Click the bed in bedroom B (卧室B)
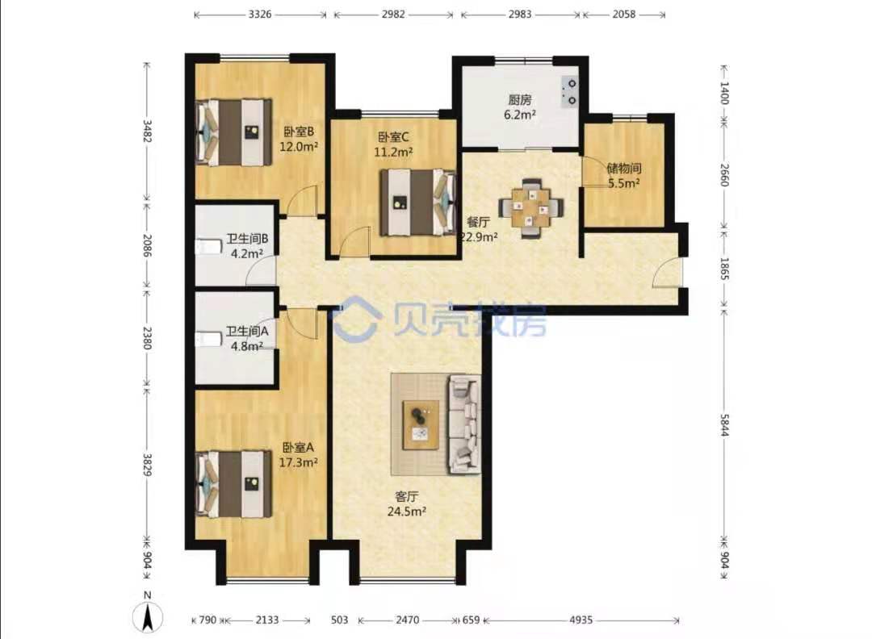point(234,132)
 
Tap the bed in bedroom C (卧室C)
point(418,203)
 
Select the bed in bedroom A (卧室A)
point(234,484)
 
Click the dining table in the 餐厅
point(532,208)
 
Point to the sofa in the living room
point(464,424)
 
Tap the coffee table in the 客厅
point(421,424)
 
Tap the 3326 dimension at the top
point(260,15)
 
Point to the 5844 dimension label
point(724,425)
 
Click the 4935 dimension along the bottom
point(581,620)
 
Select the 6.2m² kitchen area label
point(520,115)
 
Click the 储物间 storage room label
point(624,169)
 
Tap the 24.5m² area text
point(407,512)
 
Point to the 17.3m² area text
point(298,462)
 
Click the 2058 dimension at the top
point(624,15)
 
